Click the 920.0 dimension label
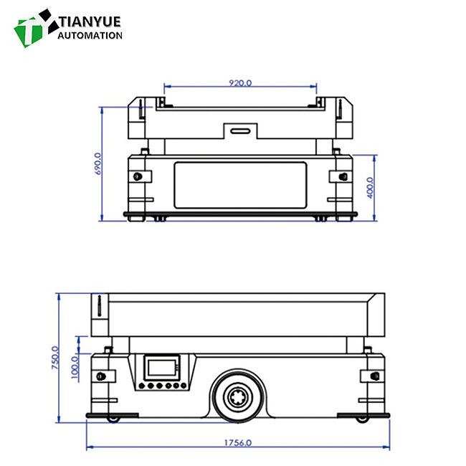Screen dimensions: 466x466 click(240, 82)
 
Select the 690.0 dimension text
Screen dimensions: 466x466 click(98, 163)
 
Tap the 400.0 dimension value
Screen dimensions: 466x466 click(370, 188)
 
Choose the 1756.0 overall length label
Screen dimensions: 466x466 click(239, 442)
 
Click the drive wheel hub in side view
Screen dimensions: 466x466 click(239, 396)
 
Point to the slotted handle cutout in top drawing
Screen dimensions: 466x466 click(240, 131)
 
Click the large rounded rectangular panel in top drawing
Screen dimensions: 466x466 click(240, 184)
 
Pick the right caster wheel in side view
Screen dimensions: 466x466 click(363, 417)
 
